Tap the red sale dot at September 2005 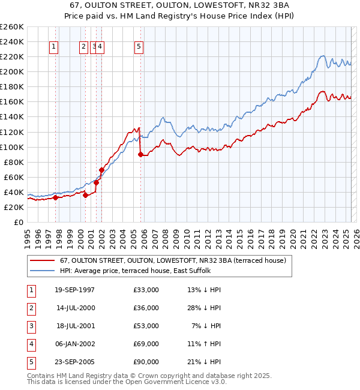140,154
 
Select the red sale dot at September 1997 55,197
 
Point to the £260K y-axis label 11,27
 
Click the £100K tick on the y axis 11,147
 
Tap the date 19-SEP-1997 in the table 74,290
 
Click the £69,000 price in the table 146,344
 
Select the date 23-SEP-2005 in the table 74,362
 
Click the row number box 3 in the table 31,326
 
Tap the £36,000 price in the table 146,308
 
